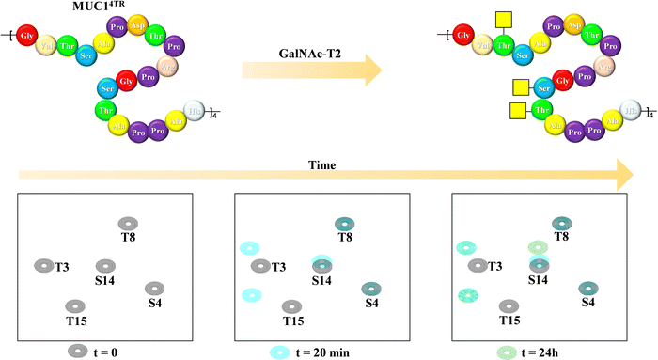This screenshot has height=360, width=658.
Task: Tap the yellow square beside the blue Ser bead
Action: pyautogui.click(x=518, y=89)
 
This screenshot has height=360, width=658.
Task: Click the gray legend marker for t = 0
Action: pyautogui.click(x=76, y=352)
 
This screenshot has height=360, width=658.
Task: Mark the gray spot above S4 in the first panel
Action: pyautogui.click(x=153, y=288)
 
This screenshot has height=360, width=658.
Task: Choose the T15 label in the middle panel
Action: pyautogui.click(x=293, y=321)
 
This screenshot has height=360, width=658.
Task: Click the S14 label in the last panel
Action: pyautogui.click(x=538, y=280)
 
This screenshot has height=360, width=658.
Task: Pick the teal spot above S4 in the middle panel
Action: pyautogui.click(x=370, y=288)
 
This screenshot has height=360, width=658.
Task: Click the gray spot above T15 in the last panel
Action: pyautogui.click(x=509, y=306)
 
